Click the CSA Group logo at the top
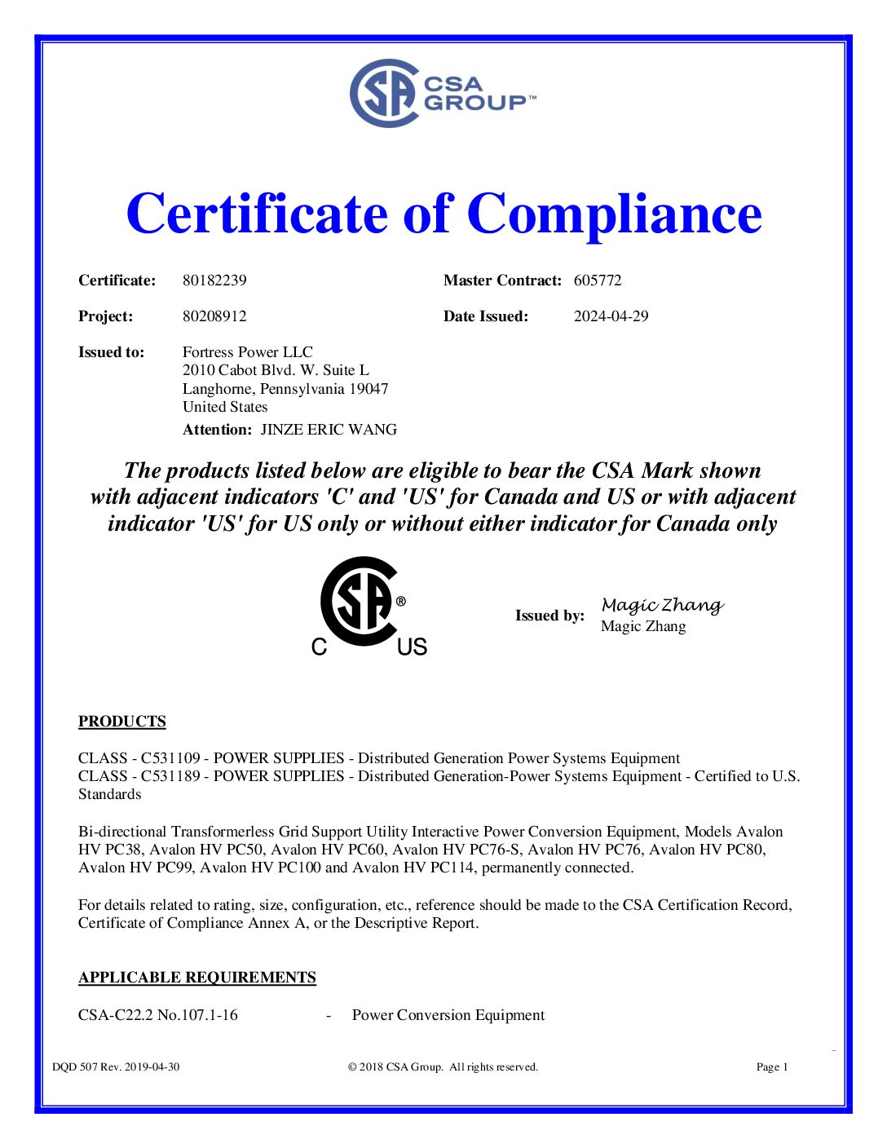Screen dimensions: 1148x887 (x=443, y=93)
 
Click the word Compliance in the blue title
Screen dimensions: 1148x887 (x=614, y=214)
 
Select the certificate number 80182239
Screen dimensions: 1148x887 (x=214, y=280)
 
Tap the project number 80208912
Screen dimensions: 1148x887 (x=214, y=316)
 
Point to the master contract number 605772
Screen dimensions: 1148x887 (x=598, y=280)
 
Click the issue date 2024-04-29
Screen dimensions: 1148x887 (x=611, y=316)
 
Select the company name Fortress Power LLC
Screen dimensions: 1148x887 (x=247, y=352)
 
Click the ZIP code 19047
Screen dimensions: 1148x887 (x=368, y=389)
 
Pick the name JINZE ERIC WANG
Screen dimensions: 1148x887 (x=329, y=430)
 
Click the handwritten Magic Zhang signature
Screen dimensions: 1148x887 (x=662, y=605)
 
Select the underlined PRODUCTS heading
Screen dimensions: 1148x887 (x=122, y=722)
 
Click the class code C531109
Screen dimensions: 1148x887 (x=170, y=758)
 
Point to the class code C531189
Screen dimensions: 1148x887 (x=170, y=776)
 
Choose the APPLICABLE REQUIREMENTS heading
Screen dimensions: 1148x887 (x=197, y=978)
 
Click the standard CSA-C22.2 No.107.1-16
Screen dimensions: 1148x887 (x=158, y=1015)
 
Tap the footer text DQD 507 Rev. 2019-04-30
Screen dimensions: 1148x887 (x=116, y=1067)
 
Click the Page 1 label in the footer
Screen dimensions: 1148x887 (x=772, y=1067)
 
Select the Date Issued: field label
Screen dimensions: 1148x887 (x=486, y=316)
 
